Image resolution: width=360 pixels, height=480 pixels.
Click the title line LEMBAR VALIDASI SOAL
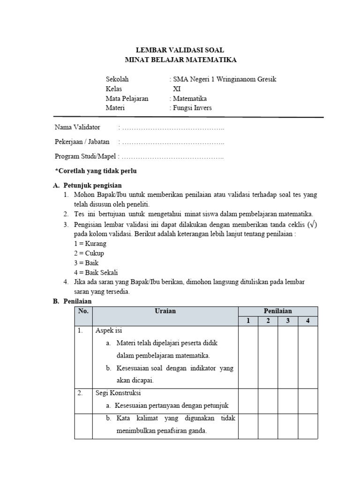[x=180, y=50]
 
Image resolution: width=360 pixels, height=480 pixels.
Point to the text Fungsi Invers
[x=192, y=108]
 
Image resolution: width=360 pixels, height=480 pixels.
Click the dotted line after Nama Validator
[x=172, y=127]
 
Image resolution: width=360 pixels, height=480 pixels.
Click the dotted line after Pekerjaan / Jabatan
[x=172, y=142]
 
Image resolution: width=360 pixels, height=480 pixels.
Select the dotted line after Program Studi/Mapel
[x=172, y=157]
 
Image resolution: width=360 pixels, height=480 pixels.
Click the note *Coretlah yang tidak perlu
[x=96, y=171]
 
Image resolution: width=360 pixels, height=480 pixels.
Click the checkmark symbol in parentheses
[x=312, y=224]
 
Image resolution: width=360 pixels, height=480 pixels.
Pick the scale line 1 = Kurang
[x=90, y=244]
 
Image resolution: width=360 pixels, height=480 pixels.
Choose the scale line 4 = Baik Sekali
[x=96, y=272]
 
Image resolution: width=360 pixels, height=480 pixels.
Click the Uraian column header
[x=165, y=311]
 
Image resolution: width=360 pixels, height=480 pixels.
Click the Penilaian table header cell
[x=277, y=311]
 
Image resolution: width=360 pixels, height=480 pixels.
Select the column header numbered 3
[x=287, y=321]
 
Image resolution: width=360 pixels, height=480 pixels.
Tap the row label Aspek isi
[x=109, y=330]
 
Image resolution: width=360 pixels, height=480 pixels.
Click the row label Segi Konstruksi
[x=118, y=393]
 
